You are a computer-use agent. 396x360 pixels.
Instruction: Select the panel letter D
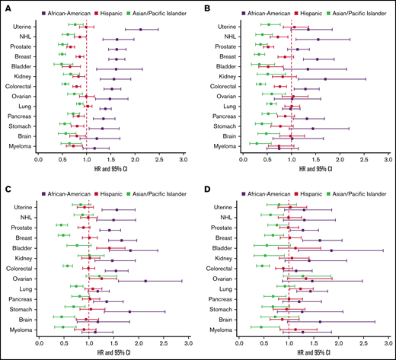coord(209,187)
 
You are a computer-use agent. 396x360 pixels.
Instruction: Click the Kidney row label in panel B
coord(226,77)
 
